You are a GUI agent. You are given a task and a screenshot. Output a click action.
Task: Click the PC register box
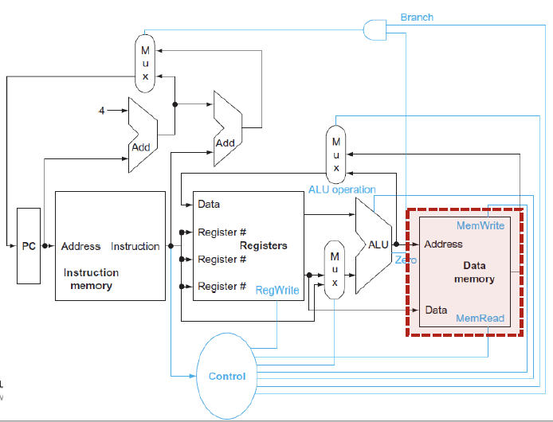pos(29,246)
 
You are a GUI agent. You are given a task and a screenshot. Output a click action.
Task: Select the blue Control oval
pos(227,376)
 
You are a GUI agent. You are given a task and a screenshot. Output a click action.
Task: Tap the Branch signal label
pos(417,18)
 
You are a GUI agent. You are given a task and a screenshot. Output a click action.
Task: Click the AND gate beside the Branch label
pos(375,30)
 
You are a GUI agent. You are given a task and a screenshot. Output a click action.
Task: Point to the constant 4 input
pos(101,111)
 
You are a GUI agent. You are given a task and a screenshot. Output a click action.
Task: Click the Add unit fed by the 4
pos(143,135)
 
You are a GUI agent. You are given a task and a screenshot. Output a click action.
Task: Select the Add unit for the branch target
pos(228,129)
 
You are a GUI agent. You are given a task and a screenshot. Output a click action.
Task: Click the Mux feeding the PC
pos(145,64)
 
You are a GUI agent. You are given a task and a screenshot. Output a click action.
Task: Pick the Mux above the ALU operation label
pos(335,154)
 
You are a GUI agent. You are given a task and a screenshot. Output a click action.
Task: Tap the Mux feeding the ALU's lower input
pos(335,270)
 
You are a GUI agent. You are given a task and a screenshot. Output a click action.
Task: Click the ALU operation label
pos(342,190)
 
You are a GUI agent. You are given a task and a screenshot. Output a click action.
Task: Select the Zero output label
pos(406,260)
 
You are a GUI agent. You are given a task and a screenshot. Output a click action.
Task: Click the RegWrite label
pos(277,290)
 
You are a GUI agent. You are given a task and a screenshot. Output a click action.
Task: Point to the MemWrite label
pos(480,225)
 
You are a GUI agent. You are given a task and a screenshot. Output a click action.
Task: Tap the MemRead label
pos(480,318)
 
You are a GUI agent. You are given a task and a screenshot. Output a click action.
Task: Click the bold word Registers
pos(264,246)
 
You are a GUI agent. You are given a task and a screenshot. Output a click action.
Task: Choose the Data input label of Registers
pos(209,204)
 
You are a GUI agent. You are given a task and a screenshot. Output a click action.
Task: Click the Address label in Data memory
pos(443,244)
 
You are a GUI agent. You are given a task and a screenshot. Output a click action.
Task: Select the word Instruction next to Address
pos(135,246)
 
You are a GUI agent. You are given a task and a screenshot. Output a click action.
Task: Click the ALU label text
pos(378,244)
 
